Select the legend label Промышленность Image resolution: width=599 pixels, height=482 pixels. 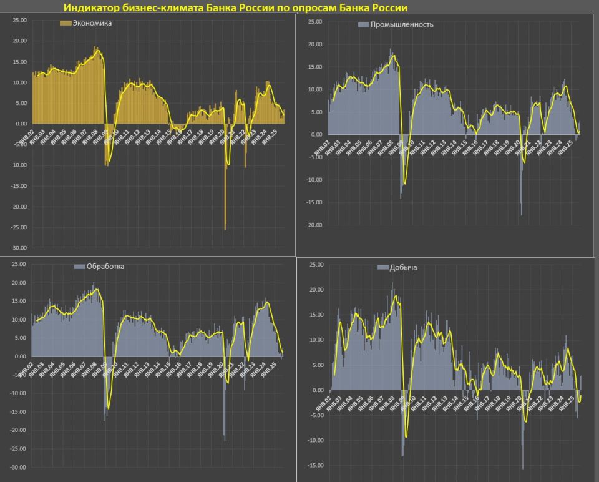tap(402, 25)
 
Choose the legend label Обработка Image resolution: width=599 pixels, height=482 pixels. tap(105, 267)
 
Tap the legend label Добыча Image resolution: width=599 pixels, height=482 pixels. tap(403, 268)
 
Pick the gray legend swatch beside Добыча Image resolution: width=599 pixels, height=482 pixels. tap(382, 268)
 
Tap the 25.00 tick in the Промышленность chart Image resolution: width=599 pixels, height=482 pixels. tap(314, 22)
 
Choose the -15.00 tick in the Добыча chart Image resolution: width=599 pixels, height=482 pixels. tap(316, 465)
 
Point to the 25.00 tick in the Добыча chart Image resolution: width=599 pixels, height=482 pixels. tap(317, 265)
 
